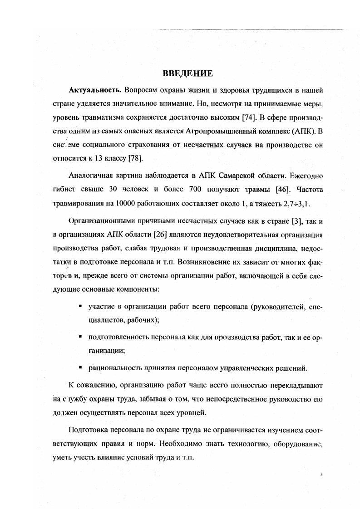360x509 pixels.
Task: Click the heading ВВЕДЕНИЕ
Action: (x=187, y=73)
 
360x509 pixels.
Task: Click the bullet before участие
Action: (x=79, y=307)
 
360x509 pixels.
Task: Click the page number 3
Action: (x=321, y=475)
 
